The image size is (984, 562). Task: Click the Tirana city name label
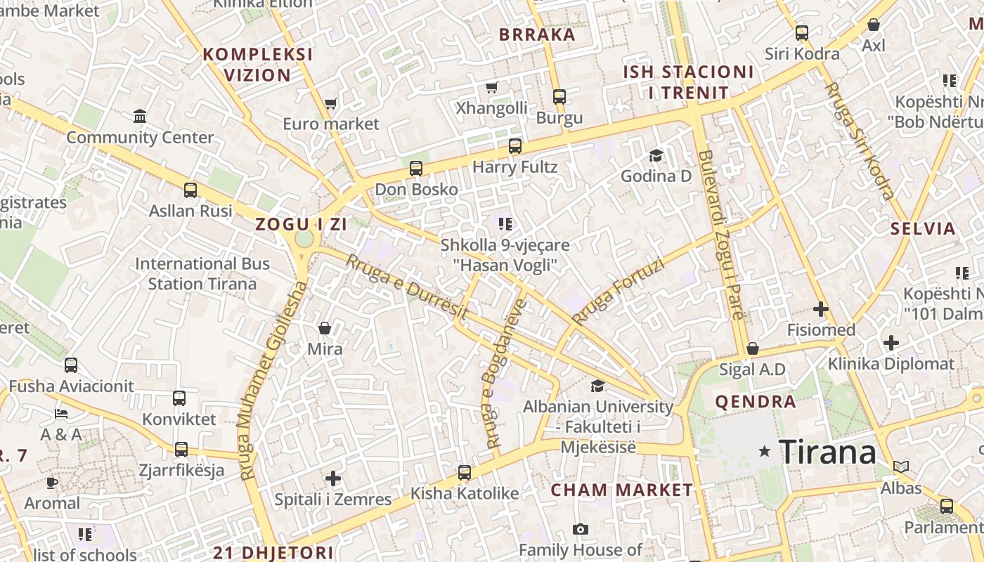(x=828, y=452)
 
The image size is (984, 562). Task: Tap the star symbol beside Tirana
(x=765, y=452)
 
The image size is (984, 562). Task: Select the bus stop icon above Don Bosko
(x=416, y=169)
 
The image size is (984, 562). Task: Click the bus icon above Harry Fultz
(x=515, y=146)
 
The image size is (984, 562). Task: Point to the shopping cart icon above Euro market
(x=330, y=103)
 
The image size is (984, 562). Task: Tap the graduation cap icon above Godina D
(x=656, y=155)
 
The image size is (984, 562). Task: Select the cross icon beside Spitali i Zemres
(x=333, y=479)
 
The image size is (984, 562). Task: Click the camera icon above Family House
(x=580, y=529)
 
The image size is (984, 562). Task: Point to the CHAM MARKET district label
(x=621, y=490)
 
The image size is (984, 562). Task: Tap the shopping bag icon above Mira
(x=325, y=328)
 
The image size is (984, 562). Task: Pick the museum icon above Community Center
(x=140, y=116)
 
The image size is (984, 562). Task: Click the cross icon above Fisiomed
(x=821, y=308)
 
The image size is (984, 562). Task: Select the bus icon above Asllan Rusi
(x=190, y=190)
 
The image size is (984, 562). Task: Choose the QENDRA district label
(x=756, y=402)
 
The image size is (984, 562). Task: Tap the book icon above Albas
(x=901, y=466)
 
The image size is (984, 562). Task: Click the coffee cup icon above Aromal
(x=52, y=483)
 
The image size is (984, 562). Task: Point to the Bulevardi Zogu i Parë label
(x=720, y=235)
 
